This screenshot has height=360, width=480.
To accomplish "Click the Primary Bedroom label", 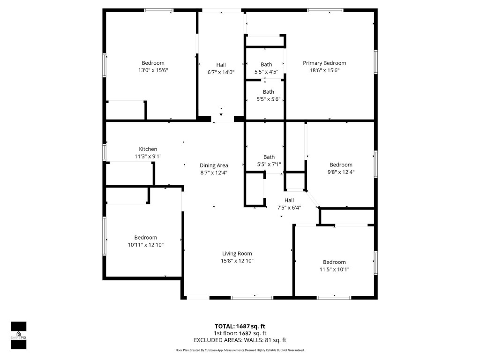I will pyautogui.click(x=324, y=63).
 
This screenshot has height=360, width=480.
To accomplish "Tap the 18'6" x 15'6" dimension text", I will pyautogui.click(x=324, y=70).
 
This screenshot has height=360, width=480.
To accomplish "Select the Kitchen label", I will pyautogui.click(x=148, y=149).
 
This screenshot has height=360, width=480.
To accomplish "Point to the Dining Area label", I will pyautogui.click(x=214, y=165).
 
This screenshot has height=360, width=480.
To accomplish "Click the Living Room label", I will pyautogui.click(x=237, y=254).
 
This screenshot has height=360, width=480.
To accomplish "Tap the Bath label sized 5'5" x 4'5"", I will pyautogui.click(x=266, y=65).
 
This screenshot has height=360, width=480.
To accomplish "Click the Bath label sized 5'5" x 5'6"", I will pyautogui.click(x=268, y=92).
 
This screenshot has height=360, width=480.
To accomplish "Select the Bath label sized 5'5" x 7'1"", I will pyautogui.click(x=269, y=157).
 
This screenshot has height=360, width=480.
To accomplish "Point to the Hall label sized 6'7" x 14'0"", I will pyautogui.click(x=221, y=65).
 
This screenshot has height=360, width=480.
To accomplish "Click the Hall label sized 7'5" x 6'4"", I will pyautogui.click(x=289, y=200).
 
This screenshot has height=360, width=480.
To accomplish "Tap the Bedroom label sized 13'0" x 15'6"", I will pyautogui.click(x=153, y=63).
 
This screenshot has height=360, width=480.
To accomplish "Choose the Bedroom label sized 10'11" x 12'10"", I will pyautogui.click(x=146, y=238).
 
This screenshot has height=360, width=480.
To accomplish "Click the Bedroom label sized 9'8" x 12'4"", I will pyautogui.click(x=341, y=165).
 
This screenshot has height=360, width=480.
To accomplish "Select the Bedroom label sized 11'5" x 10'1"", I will pyautogui.click(x=334, y=262).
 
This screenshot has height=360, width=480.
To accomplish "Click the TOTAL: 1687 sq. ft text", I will pyautogui.click(x=240, y=326).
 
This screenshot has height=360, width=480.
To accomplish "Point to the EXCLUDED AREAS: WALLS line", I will pyautogui.click(x=240, y=340).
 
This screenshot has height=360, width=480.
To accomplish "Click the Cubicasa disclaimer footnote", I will pyautogui.click(x=240, y=350).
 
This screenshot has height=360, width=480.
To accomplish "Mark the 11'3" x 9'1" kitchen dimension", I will pyautogui.click(x=148, y=156).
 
